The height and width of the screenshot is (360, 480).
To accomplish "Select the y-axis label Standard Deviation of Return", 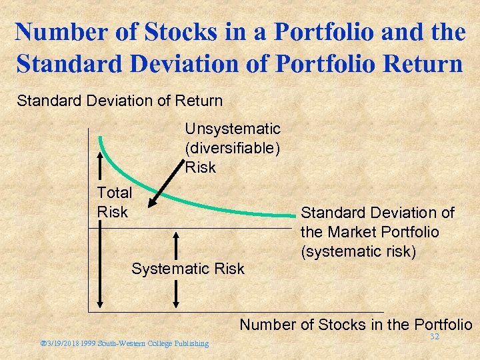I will pos(120,101).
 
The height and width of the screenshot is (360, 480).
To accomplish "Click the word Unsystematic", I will pos(233,128).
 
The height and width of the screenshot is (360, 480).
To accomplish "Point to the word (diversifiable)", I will pos(233,147).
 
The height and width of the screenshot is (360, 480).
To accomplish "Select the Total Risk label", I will pos(115,202).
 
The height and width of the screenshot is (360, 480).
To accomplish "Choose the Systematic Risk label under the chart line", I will pos(188,269).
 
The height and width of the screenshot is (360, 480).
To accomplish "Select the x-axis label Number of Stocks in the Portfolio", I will pos(355,325).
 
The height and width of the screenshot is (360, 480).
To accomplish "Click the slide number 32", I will pos(434,337).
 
